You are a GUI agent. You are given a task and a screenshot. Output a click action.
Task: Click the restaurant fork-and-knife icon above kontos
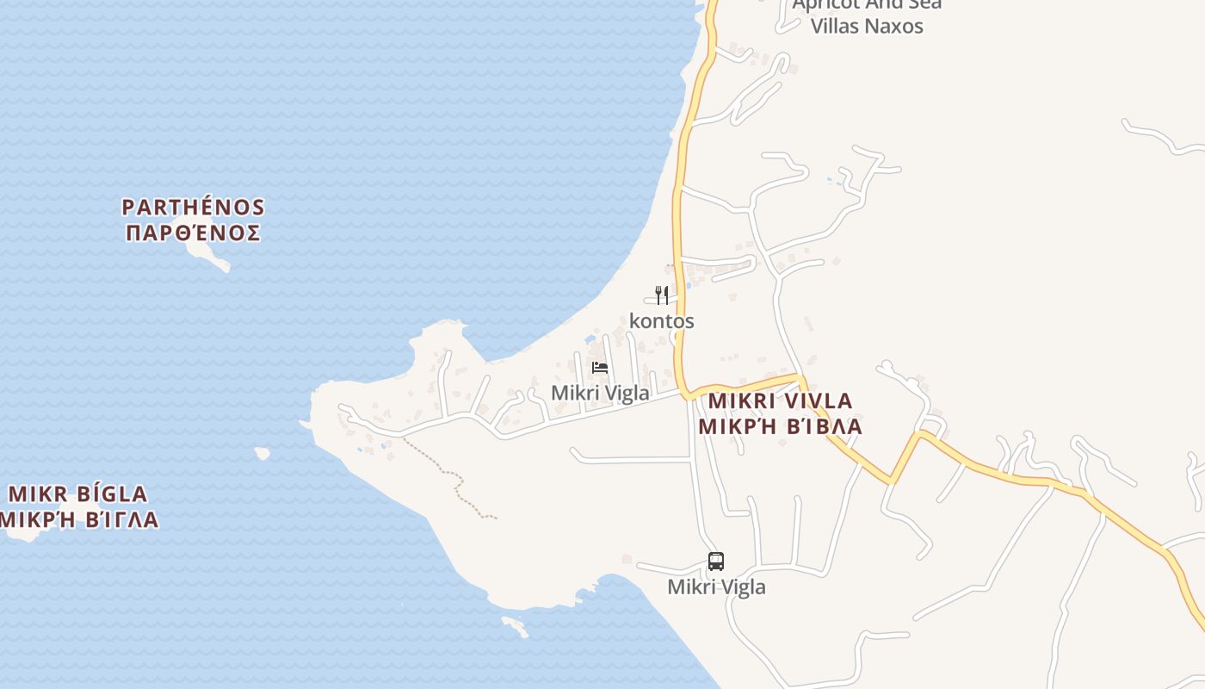662,295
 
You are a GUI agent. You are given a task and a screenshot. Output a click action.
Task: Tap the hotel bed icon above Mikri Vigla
600,368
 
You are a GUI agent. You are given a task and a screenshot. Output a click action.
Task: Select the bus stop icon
716,562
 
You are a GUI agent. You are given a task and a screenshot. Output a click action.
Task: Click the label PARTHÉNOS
193,208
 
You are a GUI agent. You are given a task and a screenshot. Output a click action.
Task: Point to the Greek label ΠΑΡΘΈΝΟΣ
193,233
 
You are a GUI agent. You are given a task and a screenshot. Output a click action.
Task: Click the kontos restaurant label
662,321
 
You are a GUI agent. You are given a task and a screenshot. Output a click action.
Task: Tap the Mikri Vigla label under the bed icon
600,393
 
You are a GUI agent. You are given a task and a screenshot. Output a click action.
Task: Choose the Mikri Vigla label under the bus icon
716,587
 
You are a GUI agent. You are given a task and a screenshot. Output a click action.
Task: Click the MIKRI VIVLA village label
780,400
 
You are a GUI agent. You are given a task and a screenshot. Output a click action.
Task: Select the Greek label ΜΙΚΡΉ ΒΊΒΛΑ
780,426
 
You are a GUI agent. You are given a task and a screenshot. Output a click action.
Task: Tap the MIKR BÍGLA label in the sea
77,494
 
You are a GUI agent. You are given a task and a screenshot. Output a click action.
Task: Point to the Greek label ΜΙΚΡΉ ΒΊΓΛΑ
79,520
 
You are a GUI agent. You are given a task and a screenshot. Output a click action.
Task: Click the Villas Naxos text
867,26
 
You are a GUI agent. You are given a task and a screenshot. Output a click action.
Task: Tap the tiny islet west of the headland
262,452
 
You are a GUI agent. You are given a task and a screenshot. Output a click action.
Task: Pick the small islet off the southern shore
514,626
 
